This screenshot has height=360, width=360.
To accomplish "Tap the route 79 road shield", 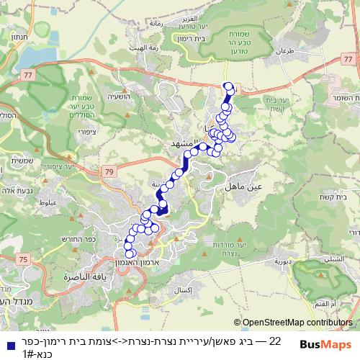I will (x=109, y=171).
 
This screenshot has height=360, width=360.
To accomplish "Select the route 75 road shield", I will (x=24, y=258).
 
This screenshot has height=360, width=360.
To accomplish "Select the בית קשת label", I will (x=346, y=196).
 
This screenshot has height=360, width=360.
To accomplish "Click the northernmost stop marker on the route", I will (x=230, y=87).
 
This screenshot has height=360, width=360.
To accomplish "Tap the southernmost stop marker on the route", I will (x=130, y=253).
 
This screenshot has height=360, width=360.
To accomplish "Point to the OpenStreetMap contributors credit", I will (x=295, y=323).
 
